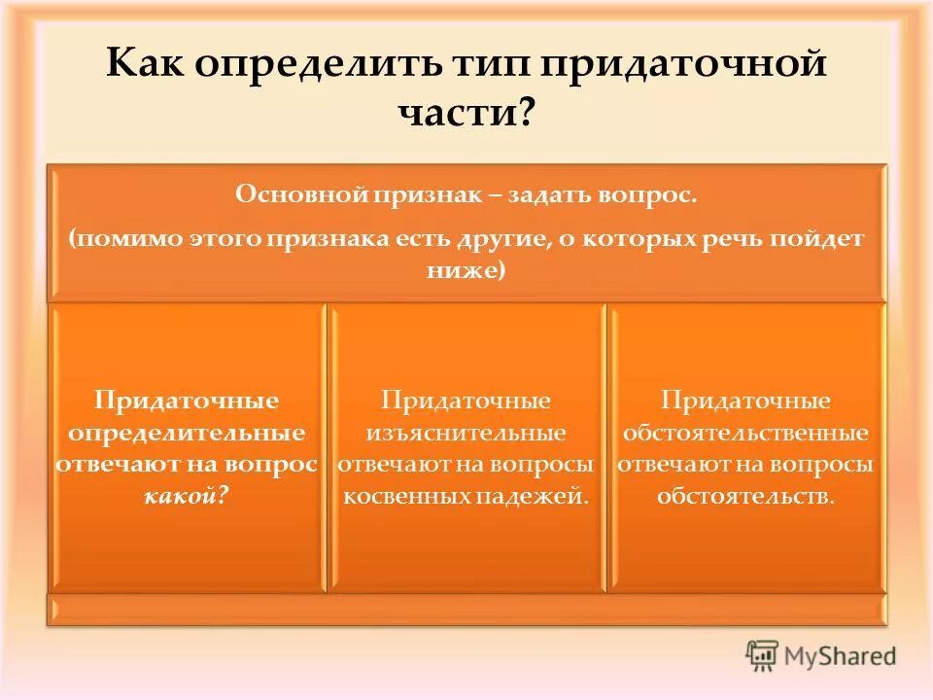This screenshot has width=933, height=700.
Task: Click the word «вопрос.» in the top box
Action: point(655,195)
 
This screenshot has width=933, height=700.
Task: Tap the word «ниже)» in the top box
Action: point(466,271)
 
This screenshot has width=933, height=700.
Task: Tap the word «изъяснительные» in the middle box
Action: point(466,432)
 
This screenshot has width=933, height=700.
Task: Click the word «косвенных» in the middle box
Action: point(405,496)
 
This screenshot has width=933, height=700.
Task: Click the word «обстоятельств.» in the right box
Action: point(745,496)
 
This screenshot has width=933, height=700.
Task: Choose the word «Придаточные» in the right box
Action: point(745,400)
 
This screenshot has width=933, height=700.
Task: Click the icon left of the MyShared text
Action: point(763,655)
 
